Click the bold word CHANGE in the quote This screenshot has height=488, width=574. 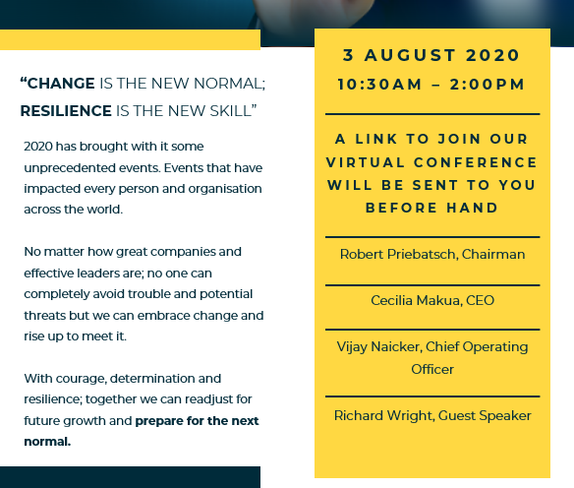pyautogui.click(x=61, y=84)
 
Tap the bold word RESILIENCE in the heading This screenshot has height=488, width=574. pyautogui.click(x=66, y=111)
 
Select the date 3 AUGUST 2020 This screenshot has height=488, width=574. pyautogui.click(x=431, y=55)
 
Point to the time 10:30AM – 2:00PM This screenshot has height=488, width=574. pyautogui.click(x=431, y=85)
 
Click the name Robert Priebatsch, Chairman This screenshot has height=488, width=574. pyautogui.click(x=432, y=254)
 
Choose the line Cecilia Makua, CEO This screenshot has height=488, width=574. pyautogui.click(x=432, y=300)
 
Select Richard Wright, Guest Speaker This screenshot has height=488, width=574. pyautogui.click(x=432, y=416)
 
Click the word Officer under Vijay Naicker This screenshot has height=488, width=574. pyautogui.click(x=432, y=369)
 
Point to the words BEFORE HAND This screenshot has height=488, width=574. pyautogui.click(x=431, y=208)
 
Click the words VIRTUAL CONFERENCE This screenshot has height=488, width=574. pyautogui.click(x=431, y=162)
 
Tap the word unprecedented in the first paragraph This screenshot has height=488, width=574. pyautogui.click(x=69, y=168)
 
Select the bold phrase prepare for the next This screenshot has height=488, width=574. pyautogui.click(x=197, y=421)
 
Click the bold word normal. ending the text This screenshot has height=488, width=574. pyautogui.click(x=47, y=442)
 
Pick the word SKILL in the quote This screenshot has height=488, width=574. pyautogui.click(x=230, y=111)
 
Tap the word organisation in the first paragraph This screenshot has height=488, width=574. pyautogui.click(x=225, y=189)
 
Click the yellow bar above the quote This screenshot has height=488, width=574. pyautogui.click(x=130, y=39)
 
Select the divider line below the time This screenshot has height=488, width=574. pyautogui.click(x=432, y=114)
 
